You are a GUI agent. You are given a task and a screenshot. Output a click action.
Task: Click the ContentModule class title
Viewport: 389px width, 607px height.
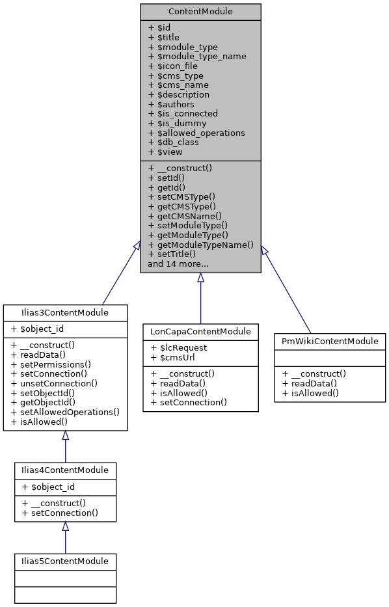pos(200,12)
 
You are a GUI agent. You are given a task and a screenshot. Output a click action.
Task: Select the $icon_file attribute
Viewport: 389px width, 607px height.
pos(172,66)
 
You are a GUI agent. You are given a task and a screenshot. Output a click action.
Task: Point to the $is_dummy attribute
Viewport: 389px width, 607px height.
pos(177,123)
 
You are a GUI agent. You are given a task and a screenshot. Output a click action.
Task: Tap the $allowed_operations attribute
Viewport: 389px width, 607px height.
pos(196,133)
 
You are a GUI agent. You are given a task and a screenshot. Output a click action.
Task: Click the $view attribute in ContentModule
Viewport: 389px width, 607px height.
pos(165,152)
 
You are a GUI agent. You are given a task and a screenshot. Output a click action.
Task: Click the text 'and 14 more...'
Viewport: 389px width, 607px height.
pos(178,264)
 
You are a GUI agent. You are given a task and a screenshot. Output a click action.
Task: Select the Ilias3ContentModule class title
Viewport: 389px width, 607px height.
pos(65,313)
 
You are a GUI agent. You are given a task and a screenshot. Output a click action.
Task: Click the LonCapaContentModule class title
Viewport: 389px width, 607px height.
pos(200,332)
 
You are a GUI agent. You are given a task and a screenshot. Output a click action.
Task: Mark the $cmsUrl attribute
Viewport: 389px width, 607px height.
pos(173,357)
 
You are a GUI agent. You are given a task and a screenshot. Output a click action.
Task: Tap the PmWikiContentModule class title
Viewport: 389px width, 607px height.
pos(330,341)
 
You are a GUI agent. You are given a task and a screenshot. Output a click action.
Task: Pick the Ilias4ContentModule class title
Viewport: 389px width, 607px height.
pos(65,470)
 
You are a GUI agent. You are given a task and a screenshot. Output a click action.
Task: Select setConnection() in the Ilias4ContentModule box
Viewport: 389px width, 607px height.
pos(60,513)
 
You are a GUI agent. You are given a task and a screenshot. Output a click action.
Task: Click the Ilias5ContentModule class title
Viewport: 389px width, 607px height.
pos(65,561)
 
